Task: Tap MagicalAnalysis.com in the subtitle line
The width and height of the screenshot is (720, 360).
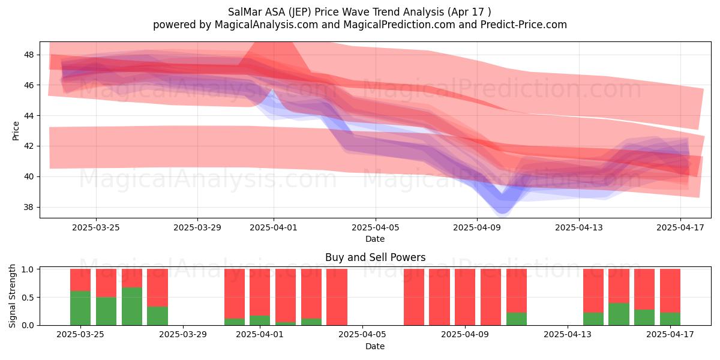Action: (x=266, y=25)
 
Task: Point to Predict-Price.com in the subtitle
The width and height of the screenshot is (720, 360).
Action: (x=524, y=25)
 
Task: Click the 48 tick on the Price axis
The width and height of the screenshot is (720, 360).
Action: (x=29, y=55)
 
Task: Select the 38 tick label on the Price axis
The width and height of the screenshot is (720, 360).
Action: (x=29, y=207)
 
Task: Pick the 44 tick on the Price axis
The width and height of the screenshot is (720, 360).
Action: (x=29, y=116)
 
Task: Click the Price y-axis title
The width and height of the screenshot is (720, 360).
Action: (x=16, y=131)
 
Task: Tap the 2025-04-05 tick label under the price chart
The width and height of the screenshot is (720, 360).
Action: (x=375, y=227)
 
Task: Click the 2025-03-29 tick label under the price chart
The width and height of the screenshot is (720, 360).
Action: (x=197, y=227)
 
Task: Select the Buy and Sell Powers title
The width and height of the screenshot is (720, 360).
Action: (x=375, y=257)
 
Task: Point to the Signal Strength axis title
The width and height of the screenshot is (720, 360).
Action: (x=12, y=296)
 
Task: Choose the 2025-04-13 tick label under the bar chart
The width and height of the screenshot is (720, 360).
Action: (x=568, y=334)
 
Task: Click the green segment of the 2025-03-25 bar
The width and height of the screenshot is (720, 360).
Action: (x=80, y=308)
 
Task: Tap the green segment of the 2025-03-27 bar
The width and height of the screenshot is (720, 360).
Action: (x=132, y=307)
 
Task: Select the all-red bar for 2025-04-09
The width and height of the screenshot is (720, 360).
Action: (x=465, y=297)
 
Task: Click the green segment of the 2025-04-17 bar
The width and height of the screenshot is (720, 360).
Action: (x=670, y=319)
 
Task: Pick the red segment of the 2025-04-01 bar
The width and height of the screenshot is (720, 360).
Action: (x=260, y=292)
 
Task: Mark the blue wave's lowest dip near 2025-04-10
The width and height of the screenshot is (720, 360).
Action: (x=502, y=212)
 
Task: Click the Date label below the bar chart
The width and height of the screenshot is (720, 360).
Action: (x=375, y=346)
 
